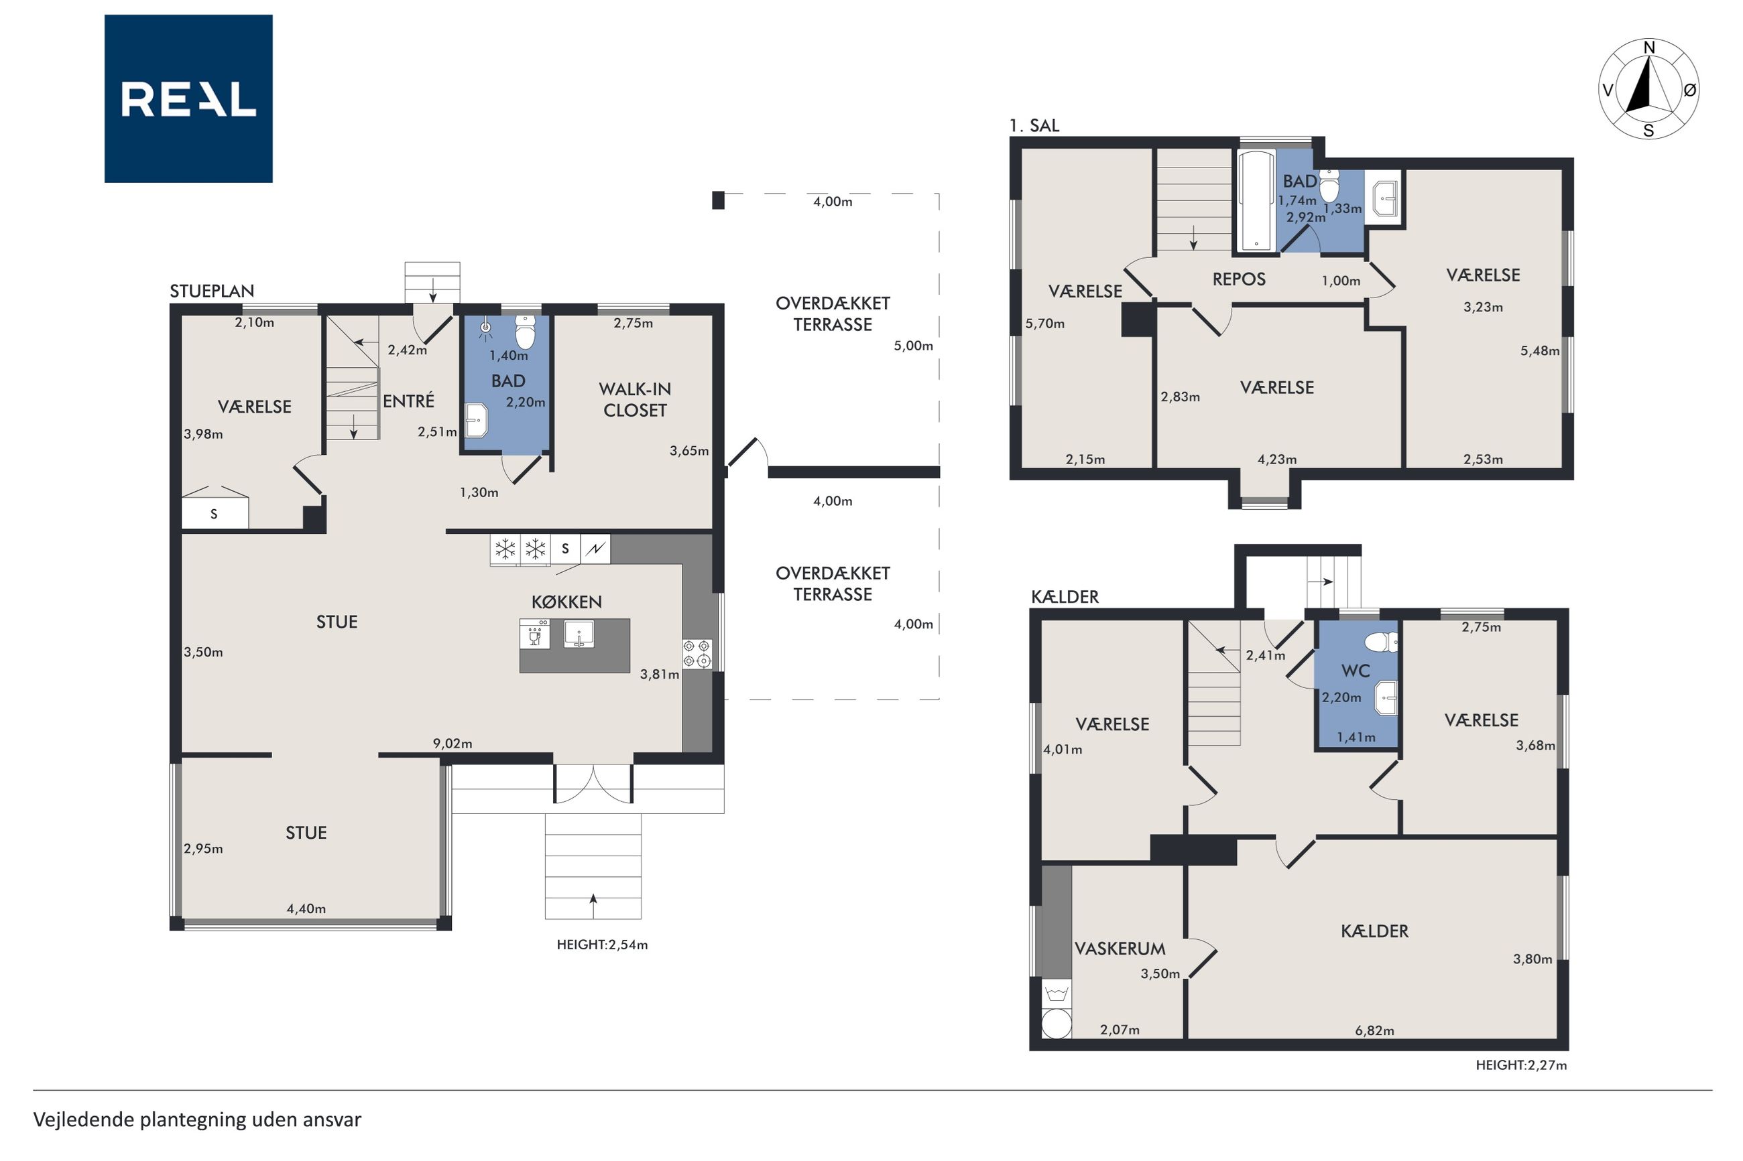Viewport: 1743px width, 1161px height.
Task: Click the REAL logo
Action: tap(188, 98)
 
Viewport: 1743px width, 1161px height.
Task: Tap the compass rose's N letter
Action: tap(1649, 48)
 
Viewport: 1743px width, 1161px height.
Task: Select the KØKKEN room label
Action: tap(566, 602)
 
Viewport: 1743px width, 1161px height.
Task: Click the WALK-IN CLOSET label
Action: tap(635, 399)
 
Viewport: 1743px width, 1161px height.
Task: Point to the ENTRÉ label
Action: tap(408, 401)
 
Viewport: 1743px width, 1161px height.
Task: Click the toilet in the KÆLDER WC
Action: tap(1381, 641)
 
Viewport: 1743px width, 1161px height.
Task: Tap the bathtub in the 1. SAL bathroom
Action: tap(1256, 201)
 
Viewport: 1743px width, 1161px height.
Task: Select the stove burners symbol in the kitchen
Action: tap(697, 654)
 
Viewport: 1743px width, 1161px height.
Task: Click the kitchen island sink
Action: tap(579, 634)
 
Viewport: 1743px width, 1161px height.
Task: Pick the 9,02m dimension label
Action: tap(453, 744)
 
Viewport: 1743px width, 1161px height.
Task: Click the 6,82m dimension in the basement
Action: tap(1374, 1030)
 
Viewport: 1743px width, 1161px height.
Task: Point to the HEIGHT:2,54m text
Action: tap(602, 945)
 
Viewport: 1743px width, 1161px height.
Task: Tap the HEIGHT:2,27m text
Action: tap(1521, 1065)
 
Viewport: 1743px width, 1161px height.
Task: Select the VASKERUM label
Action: tap(1120, 949)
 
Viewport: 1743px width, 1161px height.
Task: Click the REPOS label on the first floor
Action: tap(1239, 279)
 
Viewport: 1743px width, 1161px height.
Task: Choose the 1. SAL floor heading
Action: tap(1034, 126)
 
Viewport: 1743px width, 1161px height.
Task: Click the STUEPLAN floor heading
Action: tap(212, 291)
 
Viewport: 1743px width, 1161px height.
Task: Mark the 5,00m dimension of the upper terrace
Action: tap(913, 346)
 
